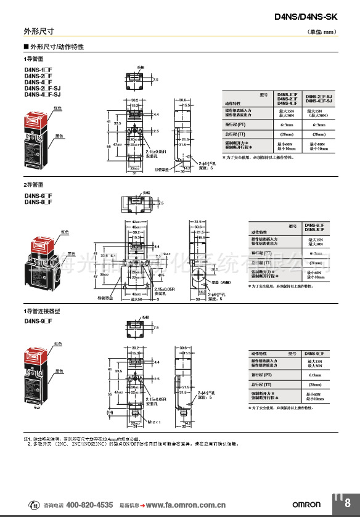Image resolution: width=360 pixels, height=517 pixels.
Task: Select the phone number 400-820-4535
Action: click(x=89, y=504)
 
